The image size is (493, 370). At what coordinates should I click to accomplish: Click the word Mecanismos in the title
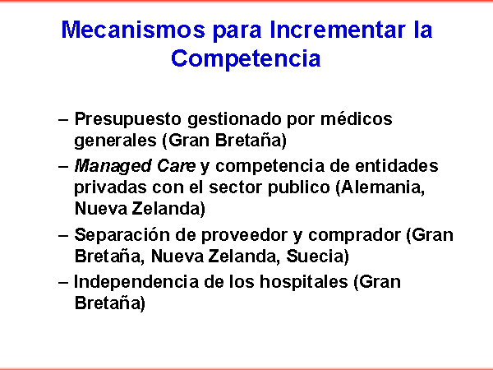point(133,30)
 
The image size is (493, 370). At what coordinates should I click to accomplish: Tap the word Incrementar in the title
point(338,30)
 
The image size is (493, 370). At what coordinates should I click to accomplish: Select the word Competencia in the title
point(246,59)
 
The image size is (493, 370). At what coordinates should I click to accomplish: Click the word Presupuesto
point(127,120)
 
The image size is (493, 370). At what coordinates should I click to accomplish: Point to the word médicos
point(357,119)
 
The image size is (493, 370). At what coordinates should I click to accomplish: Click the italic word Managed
point(113,167)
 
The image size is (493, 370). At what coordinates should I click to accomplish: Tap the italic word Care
point(176,166)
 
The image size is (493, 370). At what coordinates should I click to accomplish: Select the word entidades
point(397,165)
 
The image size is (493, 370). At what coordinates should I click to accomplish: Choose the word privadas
point(110,187)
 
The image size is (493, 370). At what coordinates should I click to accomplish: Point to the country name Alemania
point(380,187)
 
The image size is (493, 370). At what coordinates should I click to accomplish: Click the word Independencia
point(136,282)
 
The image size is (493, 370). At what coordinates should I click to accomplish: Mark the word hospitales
point(304,282)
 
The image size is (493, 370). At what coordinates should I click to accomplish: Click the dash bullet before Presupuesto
point(63,120)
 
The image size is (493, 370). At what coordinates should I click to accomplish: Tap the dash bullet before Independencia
point(63,283)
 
